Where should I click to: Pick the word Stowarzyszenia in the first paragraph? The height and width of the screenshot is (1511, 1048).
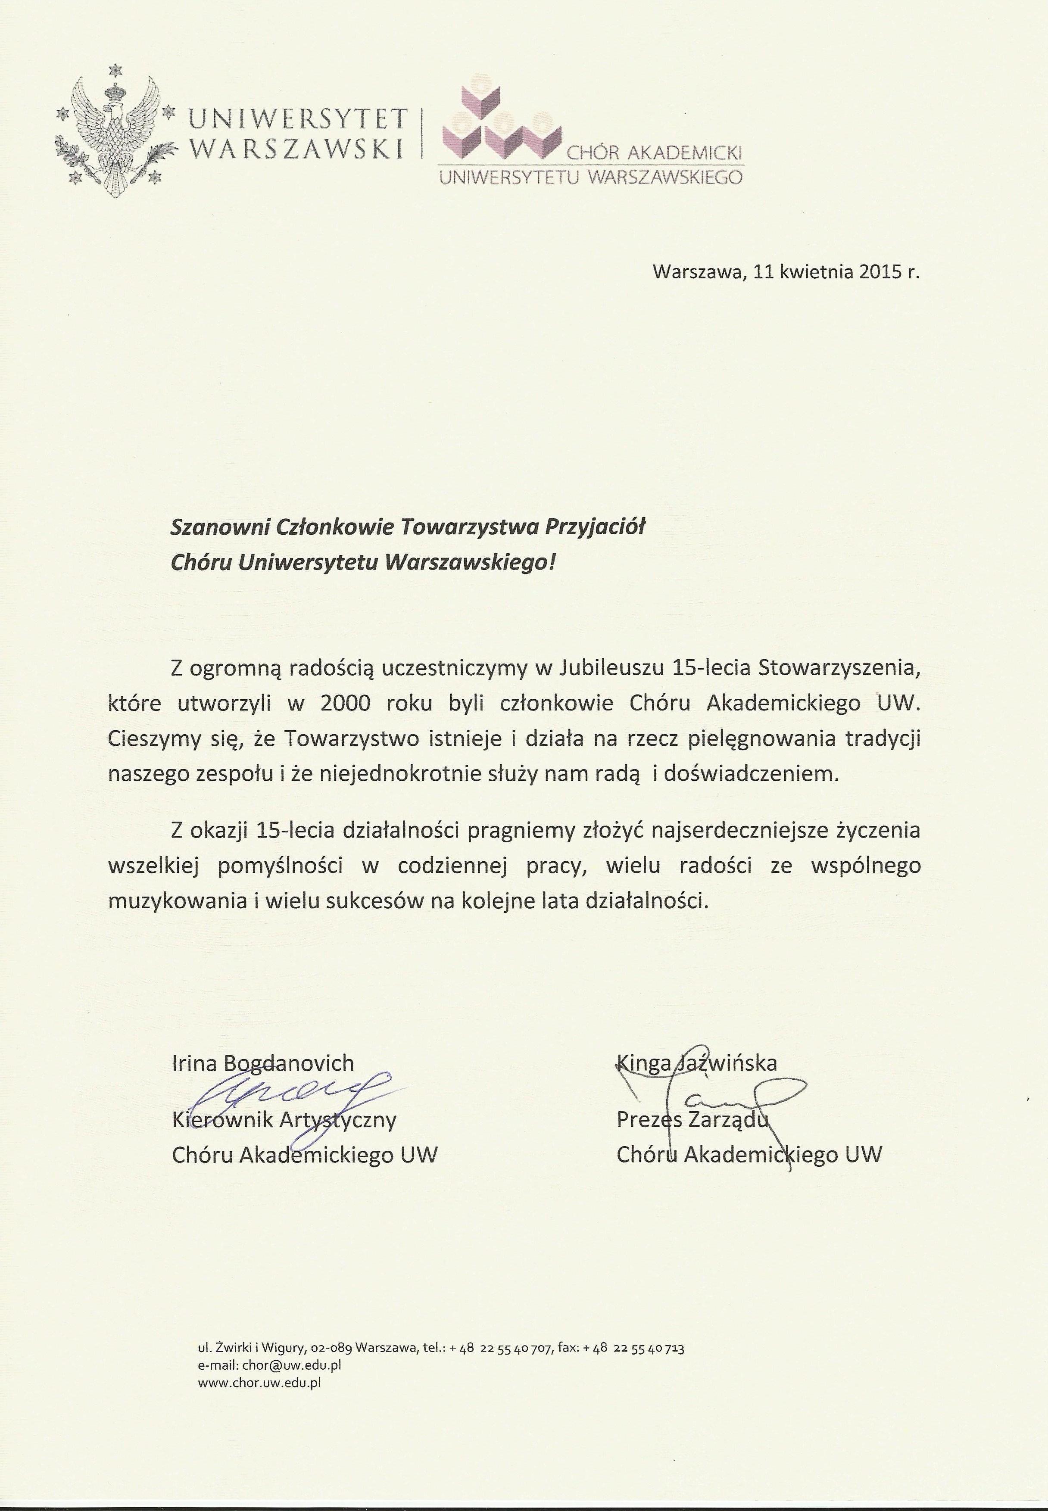click(839, 668)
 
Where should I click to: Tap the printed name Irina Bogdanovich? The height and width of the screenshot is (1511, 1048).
click(263, 1062)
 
